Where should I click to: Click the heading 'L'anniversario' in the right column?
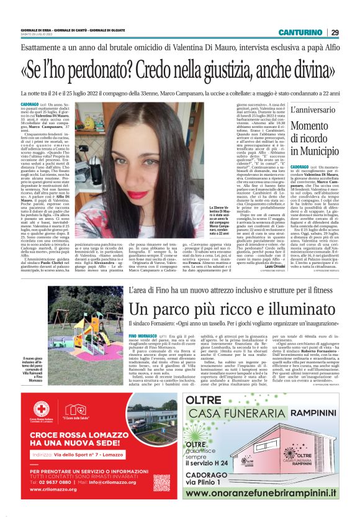(312, 111)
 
